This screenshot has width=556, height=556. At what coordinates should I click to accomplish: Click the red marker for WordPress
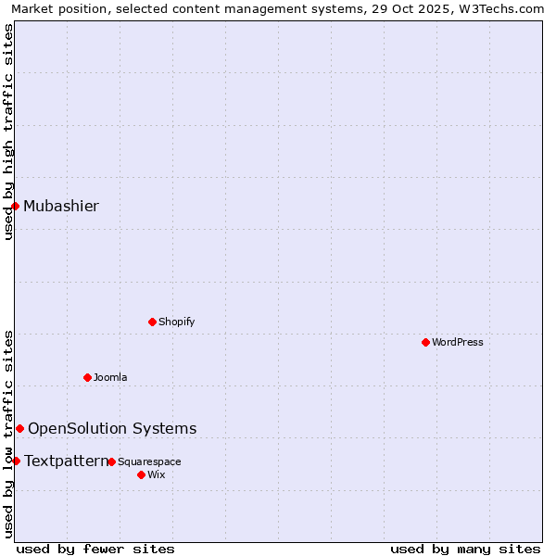point(425,342)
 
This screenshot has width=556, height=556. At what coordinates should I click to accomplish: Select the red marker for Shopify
point(152,322)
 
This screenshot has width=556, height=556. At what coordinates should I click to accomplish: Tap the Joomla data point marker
point(87,377)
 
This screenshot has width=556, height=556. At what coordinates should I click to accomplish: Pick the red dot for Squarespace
point(111,461)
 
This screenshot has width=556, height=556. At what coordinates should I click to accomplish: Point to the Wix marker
point(141,474)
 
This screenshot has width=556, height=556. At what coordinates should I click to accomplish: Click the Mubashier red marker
point(16,206)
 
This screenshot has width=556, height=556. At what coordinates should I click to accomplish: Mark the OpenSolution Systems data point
point(19,428)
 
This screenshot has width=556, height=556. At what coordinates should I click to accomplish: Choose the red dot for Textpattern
point(16,461)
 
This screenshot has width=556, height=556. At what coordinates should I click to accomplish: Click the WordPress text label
point(458,342)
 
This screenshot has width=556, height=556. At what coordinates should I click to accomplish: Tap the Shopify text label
point(176,322)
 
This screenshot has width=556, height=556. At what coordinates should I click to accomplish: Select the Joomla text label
point(110,377)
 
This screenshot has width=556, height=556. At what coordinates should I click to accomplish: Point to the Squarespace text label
point(149,461)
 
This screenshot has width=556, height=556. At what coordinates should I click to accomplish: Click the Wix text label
point(156,474)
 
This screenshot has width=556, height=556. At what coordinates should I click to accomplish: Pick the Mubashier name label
point(61,206)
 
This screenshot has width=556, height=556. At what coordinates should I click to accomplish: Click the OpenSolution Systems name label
point(112,428)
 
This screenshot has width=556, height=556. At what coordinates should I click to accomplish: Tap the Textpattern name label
point(66,461)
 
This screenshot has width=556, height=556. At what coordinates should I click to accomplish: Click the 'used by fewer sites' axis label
point(95,549)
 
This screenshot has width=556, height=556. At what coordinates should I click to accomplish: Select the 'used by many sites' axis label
point(465,549)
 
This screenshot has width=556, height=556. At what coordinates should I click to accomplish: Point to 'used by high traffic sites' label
point(8,133)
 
